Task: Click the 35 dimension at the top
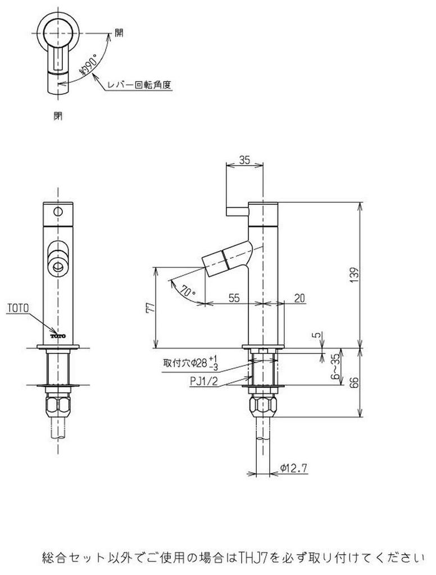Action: pyautogui.click(x=244, y=159)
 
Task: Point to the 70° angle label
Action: pyautogui.click(x=188, y=290)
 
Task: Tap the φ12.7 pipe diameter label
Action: pyautogui.click(x=293, y=467)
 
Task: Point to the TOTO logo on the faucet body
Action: pyautogui.click(x=58, y=335)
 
